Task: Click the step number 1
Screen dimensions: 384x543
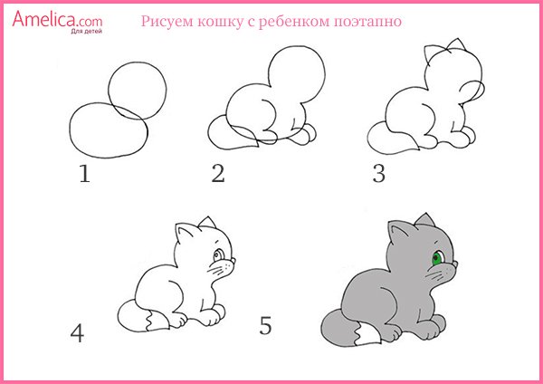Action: click(85, 173)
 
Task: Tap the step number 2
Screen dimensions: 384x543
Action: click(217, 173)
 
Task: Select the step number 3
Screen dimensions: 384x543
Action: click(378, 173)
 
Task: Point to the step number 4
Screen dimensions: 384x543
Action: click(77, 333)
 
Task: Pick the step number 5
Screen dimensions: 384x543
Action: click(265, 325)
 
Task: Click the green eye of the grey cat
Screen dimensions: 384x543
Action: click(437, 259)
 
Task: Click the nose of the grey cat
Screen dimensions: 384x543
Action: click(455, 264)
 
